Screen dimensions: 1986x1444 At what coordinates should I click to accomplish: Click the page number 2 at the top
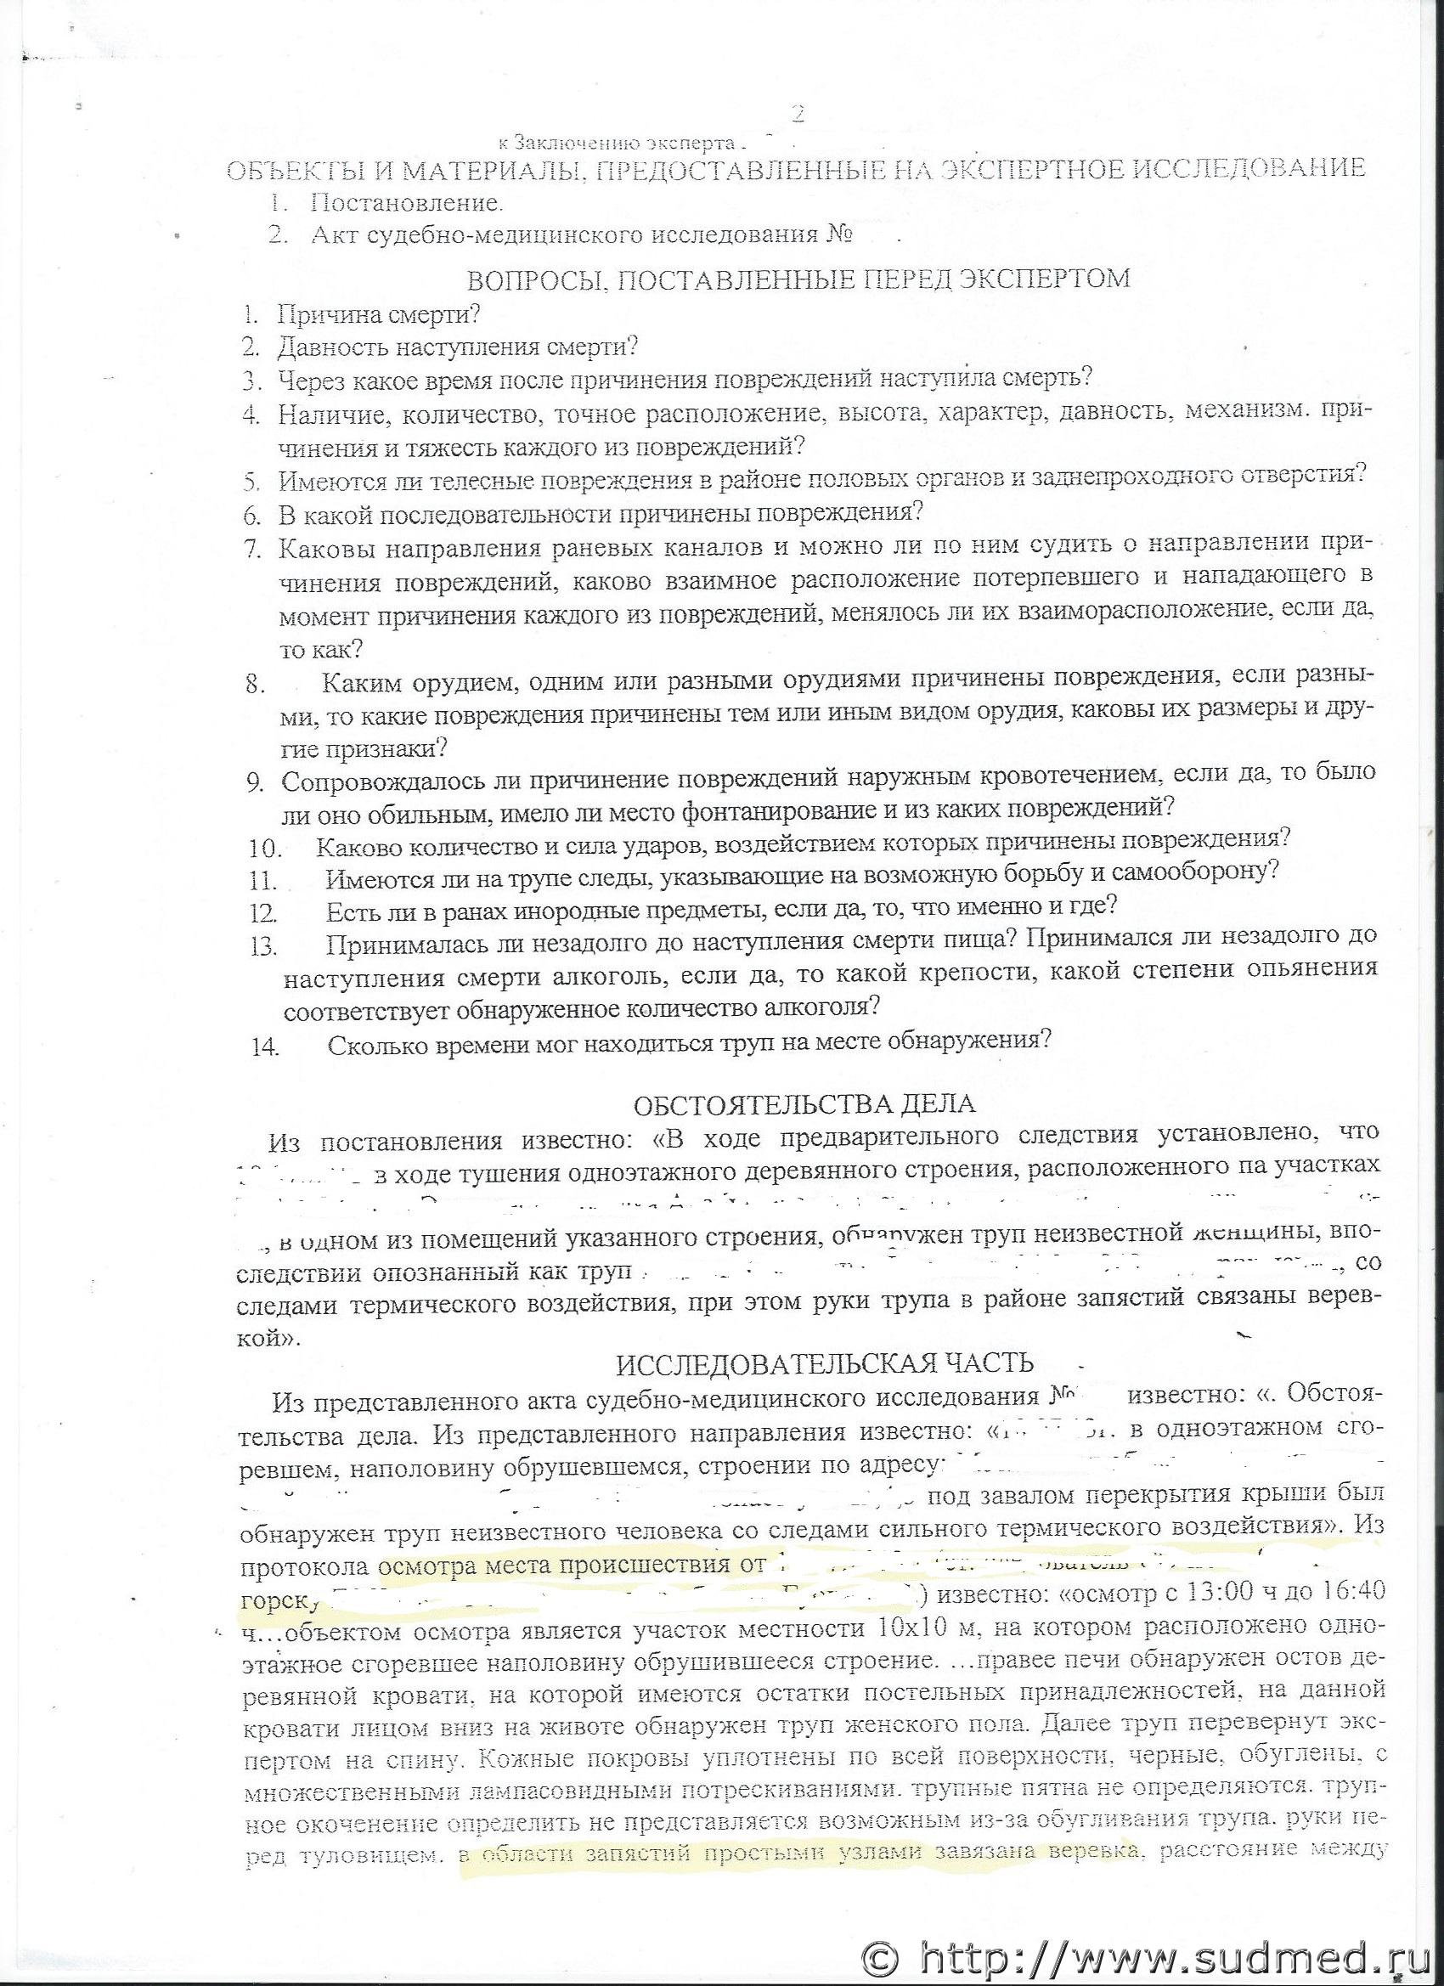pos(796,115)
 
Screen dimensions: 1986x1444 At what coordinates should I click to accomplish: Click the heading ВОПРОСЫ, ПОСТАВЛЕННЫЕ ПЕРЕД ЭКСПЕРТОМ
pos(798,279)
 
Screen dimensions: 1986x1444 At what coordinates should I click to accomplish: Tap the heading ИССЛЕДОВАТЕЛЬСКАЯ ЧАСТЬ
pos(824,1363)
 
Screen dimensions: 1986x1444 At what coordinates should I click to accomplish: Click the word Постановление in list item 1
pos(406,203)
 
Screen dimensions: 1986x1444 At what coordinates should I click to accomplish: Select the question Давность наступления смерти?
pos(457,347)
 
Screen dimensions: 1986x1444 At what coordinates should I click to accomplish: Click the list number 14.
pos(264,1046)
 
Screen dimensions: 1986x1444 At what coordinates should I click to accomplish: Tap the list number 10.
pos(264,848)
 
